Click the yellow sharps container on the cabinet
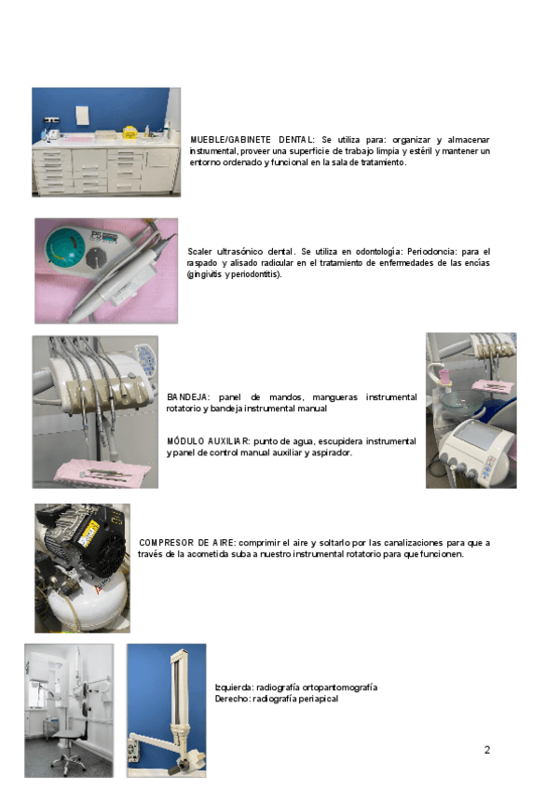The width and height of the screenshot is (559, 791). pyautogui.click(x=130, y=132)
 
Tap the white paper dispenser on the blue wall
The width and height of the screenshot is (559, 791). pyautogui.click(x=82, y=117)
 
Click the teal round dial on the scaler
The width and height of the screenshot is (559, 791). pyautogui.click(x=65, y=249)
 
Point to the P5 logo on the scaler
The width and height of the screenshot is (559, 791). pyautogui.click(x=97, y=235)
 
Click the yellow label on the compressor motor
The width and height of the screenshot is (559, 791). pyautogui.click(x=89, y=531)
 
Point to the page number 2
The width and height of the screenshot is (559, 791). pyautogui.click(x=487, y=750)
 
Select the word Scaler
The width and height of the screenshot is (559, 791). pyautogui.click(x=199, y=251)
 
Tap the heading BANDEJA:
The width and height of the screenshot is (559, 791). pyautogui.click(x=187, y=397)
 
